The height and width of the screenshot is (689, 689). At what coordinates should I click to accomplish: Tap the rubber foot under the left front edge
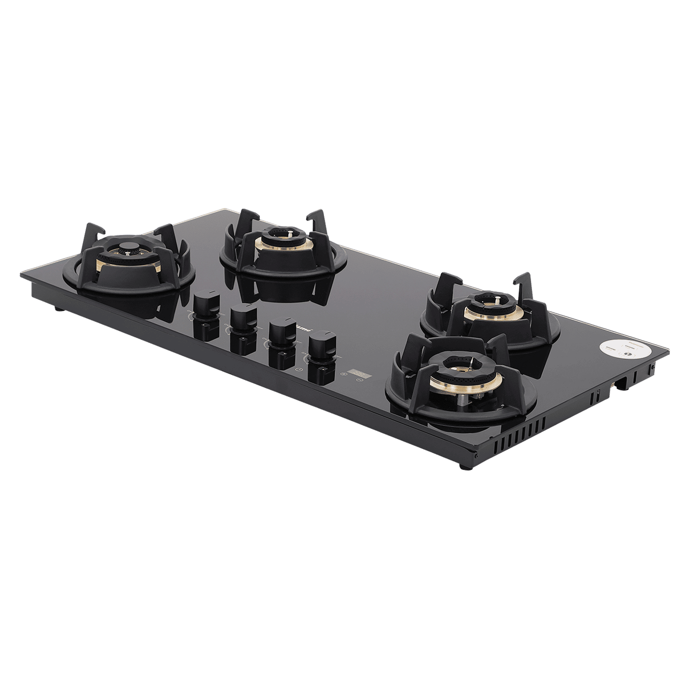pyautogui.click(x=57, y=308)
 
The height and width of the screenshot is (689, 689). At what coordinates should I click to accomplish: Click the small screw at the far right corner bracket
pyautogui.click(x=653, y=366)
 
